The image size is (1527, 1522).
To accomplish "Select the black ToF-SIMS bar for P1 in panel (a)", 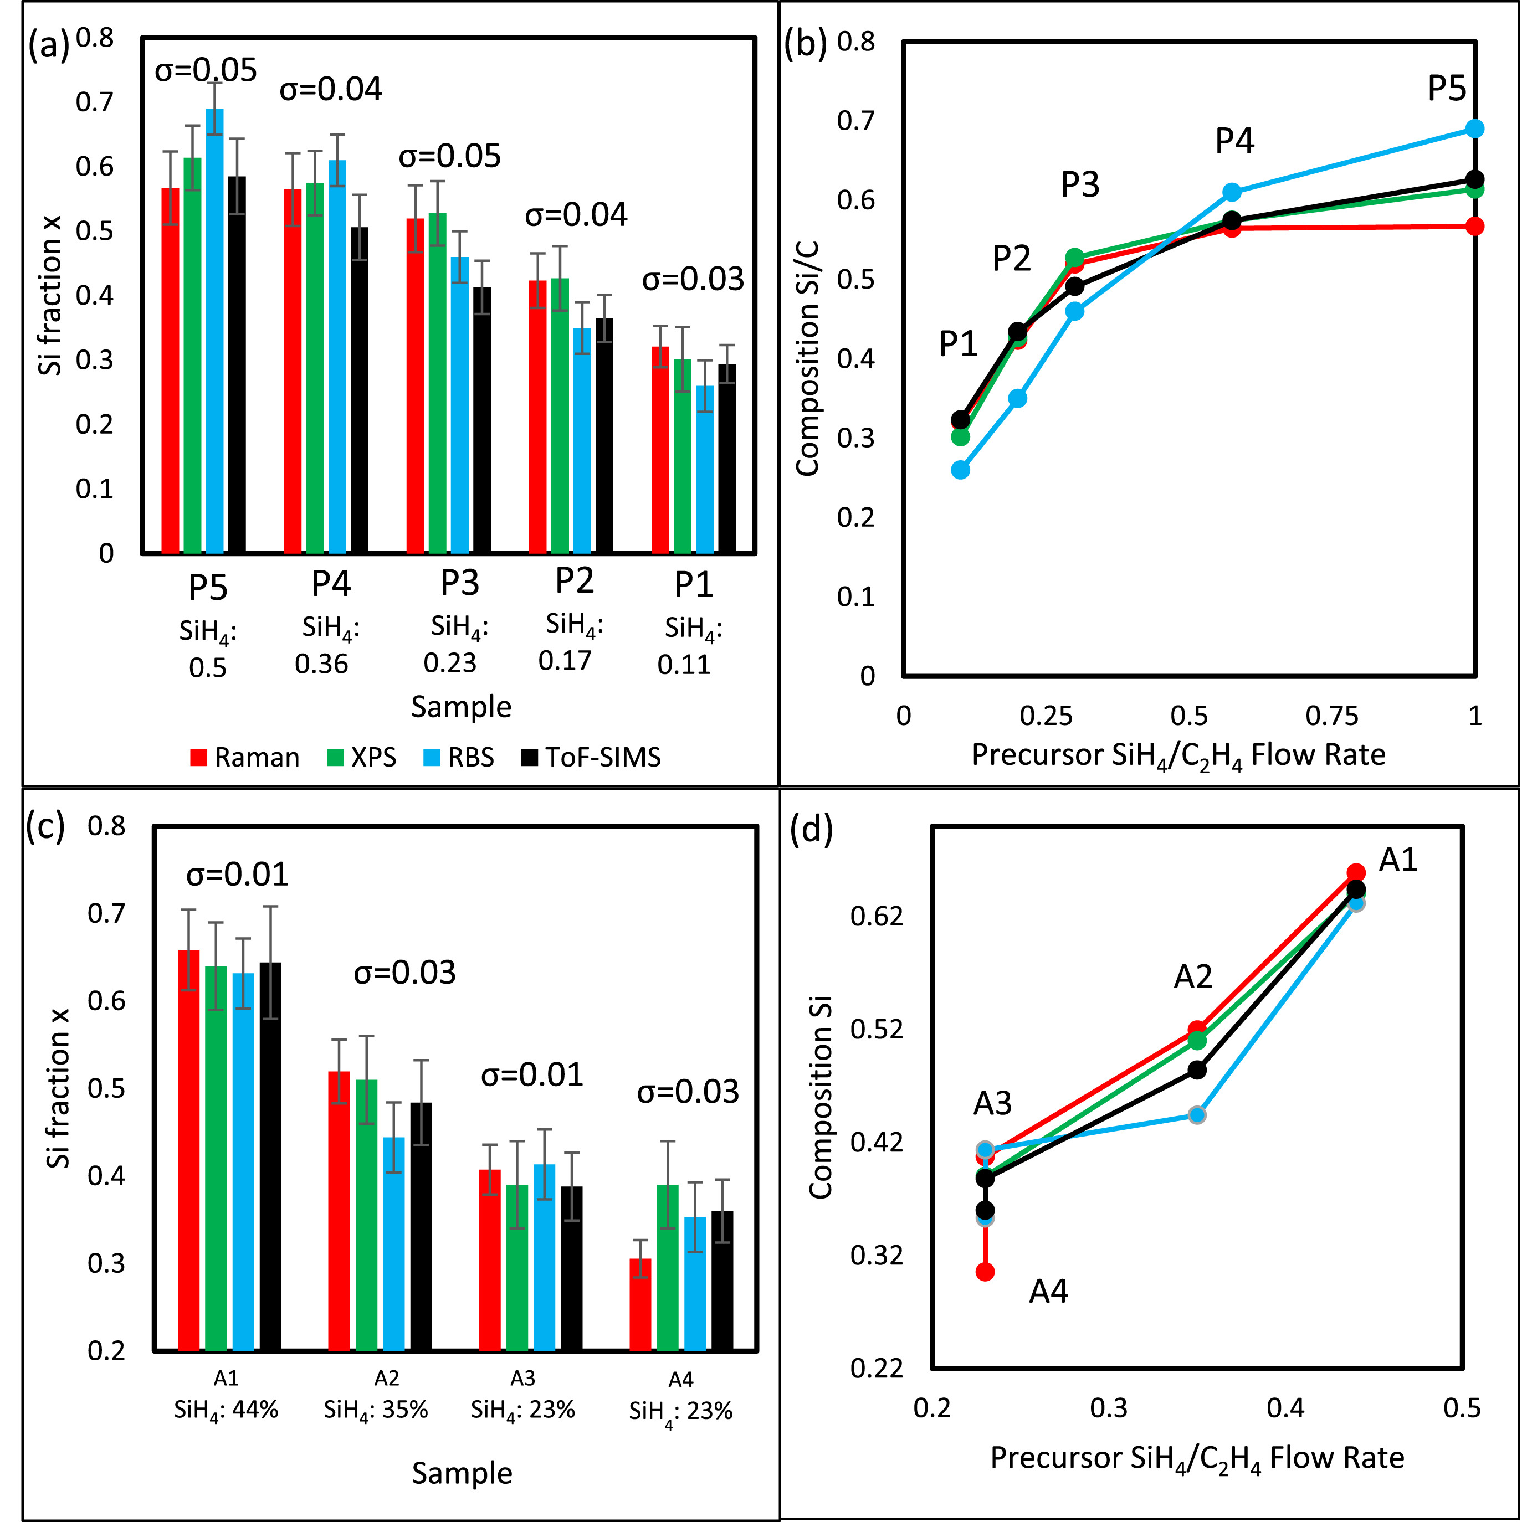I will tap(726, 459).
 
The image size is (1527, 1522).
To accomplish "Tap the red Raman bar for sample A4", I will tap(640, 1304).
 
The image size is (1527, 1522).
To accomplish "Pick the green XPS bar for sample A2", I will tap(366, 1215).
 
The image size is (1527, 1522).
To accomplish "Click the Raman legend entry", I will tap(244, 757).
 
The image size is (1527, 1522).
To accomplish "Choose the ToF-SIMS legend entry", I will tap(591, 757).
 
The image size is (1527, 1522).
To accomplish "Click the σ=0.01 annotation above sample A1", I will tap(237, 875).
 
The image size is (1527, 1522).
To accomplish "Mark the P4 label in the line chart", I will tap(1234, 141).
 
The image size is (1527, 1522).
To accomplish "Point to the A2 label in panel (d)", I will tap(1193, 978).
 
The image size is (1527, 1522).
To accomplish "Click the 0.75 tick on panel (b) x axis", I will tap(1332, 716).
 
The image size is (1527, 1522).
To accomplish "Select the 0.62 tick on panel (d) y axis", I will tap(877, 916).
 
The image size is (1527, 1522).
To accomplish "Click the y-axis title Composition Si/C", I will tap(808, 358).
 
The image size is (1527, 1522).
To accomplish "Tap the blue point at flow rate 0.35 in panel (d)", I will tap(1197, 1115).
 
